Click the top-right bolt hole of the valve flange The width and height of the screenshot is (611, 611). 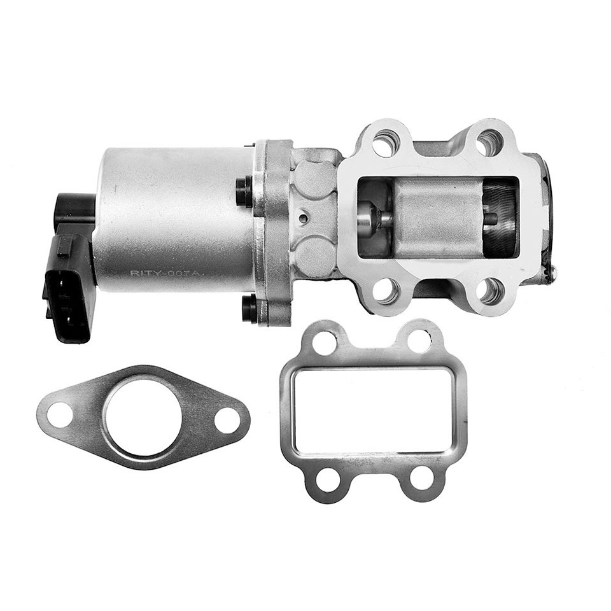coord(490,142)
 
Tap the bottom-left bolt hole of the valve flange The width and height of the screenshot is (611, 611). coord(386,291)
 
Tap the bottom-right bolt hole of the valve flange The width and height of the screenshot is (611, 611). coord(491,290)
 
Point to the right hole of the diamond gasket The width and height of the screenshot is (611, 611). coord(227,420)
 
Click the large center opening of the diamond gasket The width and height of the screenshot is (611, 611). coord(143,418)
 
